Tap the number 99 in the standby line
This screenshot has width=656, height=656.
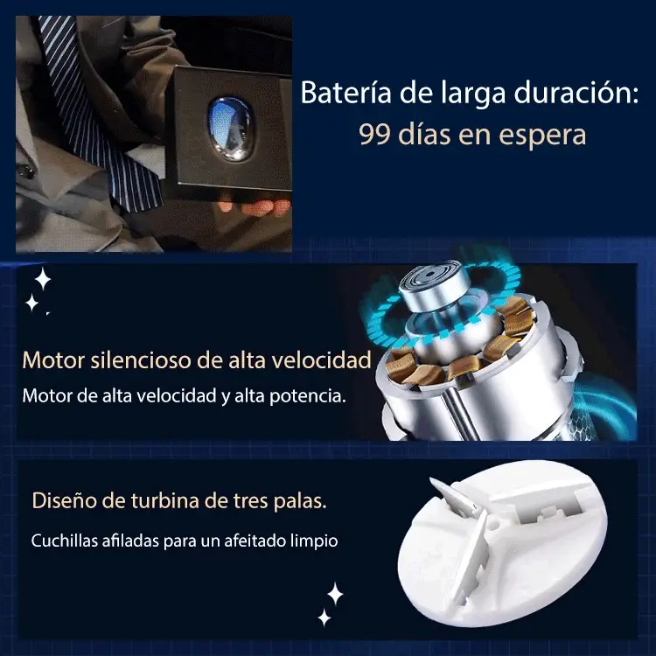click(x=374, y=136)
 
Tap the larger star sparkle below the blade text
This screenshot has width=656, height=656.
click(x=334, y=594)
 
